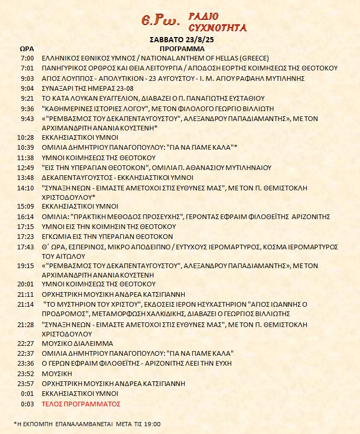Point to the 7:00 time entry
tap(28, 58)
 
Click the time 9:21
tap(27, 98)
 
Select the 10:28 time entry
tap(26, 137)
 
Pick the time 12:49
tap(26, 167)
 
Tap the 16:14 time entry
tap(26, 216)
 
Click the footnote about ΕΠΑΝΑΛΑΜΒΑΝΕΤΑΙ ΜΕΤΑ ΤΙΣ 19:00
tap(87, 424)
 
